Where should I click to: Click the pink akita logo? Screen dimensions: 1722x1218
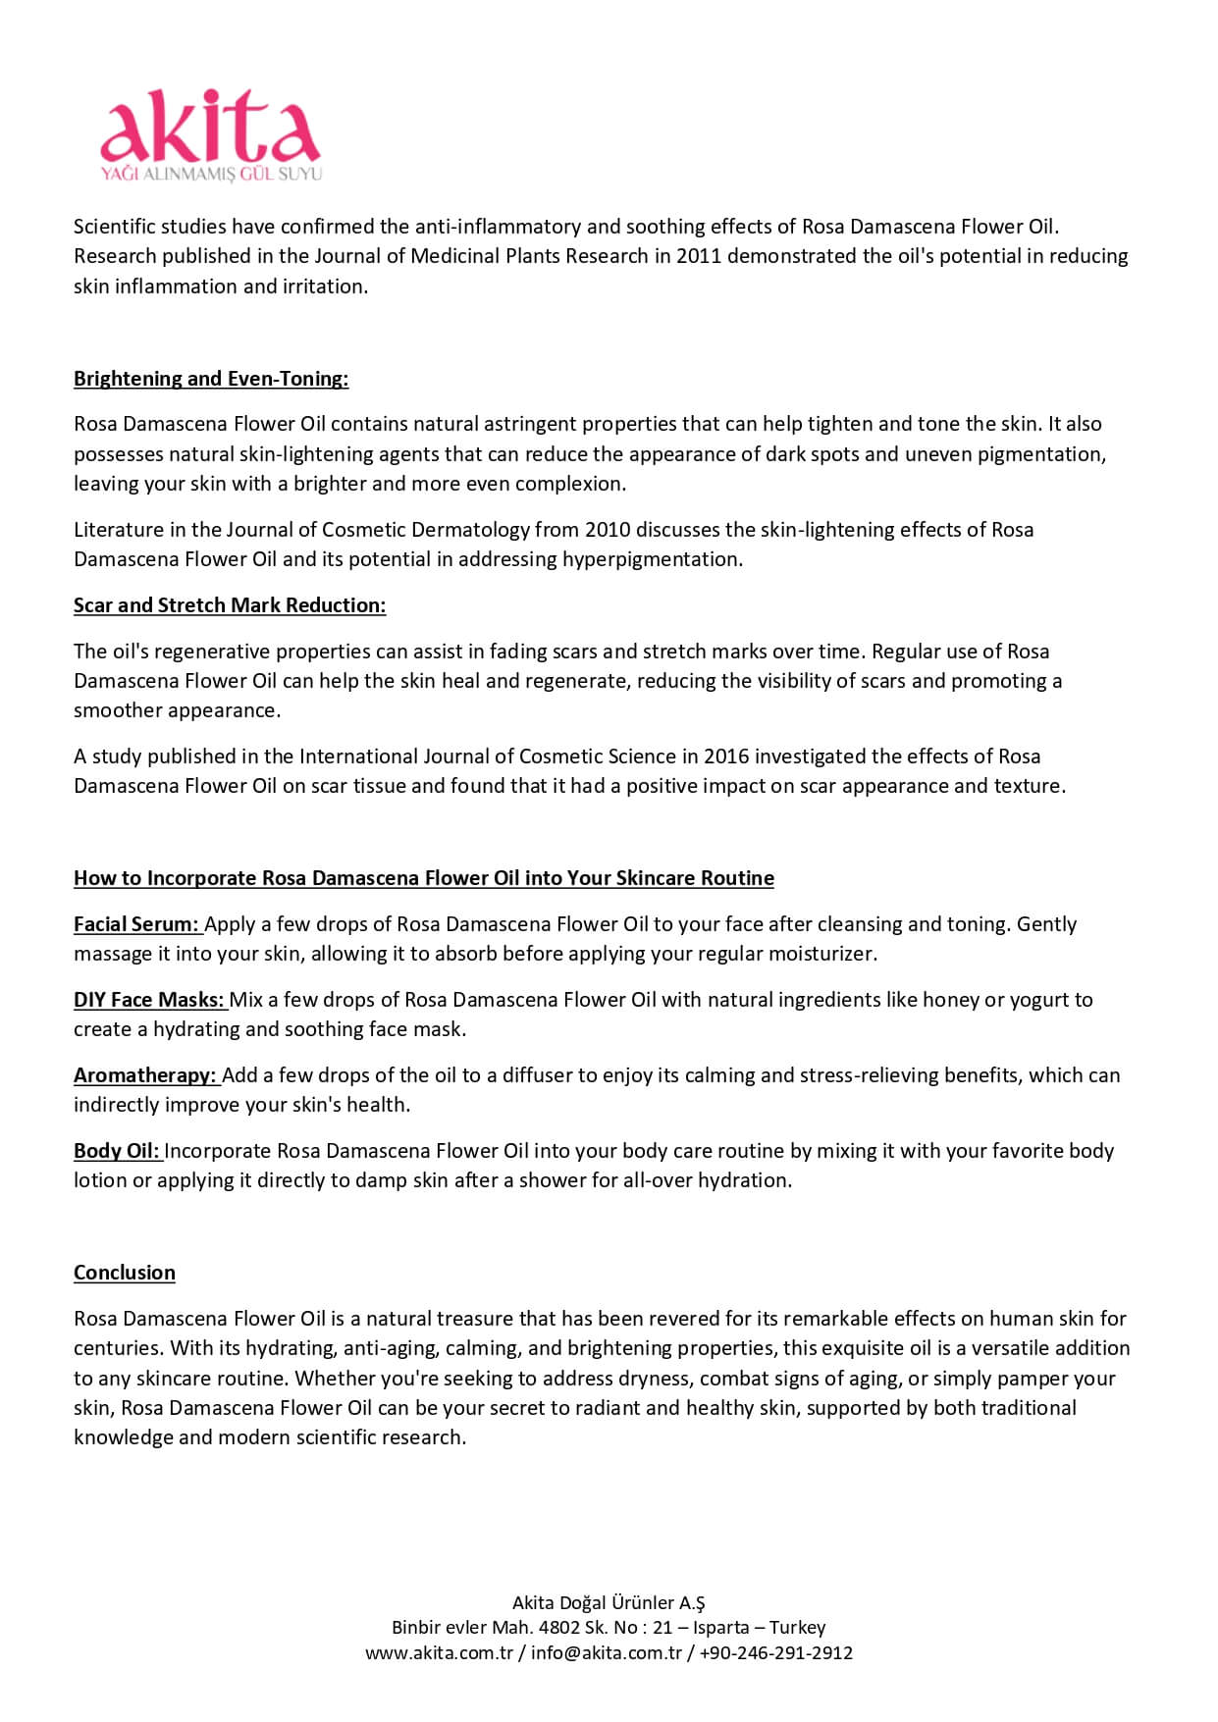[x=210, y=128]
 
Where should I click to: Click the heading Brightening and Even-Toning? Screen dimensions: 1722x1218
[x=211, y=379]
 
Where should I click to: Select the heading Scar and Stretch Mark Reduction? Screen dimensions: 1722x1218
[x=230, y=605]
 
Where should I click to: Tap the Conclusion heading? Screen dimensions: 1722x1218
[x=125, y=1273]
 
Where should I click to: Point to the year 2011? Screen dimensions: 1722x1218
[x=699, y=256]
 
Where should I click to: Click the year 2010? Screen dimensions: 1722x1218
[x=608, y=530]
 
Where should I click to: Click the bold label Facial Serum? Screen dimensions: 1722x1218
[x=136, y=924]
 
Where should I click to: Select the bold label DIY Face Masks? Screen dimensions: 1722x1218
[x=149, y=1000]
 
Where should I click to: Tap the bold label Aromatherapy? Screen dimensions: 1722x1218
[x=144, y=1075]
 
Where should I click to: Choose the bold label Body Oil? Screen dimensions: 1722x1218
[x=116, y=1151]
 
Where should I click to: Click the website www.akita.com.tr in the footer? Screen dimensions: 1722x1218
[x=440, y=1652]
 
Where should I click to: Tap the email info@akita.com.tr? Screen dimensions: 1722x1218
[x=607, y=1652]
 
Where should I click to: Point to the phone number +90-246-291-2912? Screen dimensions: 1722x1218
[x=775, y=1652]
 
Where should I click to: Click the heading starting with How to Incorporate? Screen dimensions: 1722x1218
[x=423, y=878]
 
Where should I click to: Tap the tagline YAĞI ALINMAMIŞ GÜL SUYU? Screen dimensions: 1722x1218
[x=212, y=175]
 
